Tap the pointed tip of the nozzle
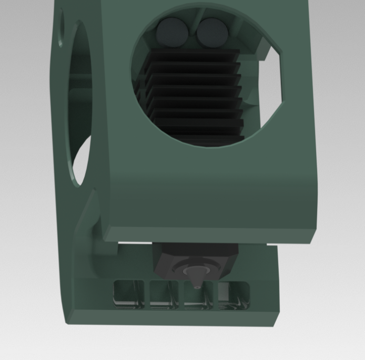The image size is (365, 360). (196, 286)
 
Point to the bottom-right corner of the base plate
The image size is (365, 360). (275, 325)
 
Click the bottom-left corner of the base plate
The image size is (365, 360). (67, 322)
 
